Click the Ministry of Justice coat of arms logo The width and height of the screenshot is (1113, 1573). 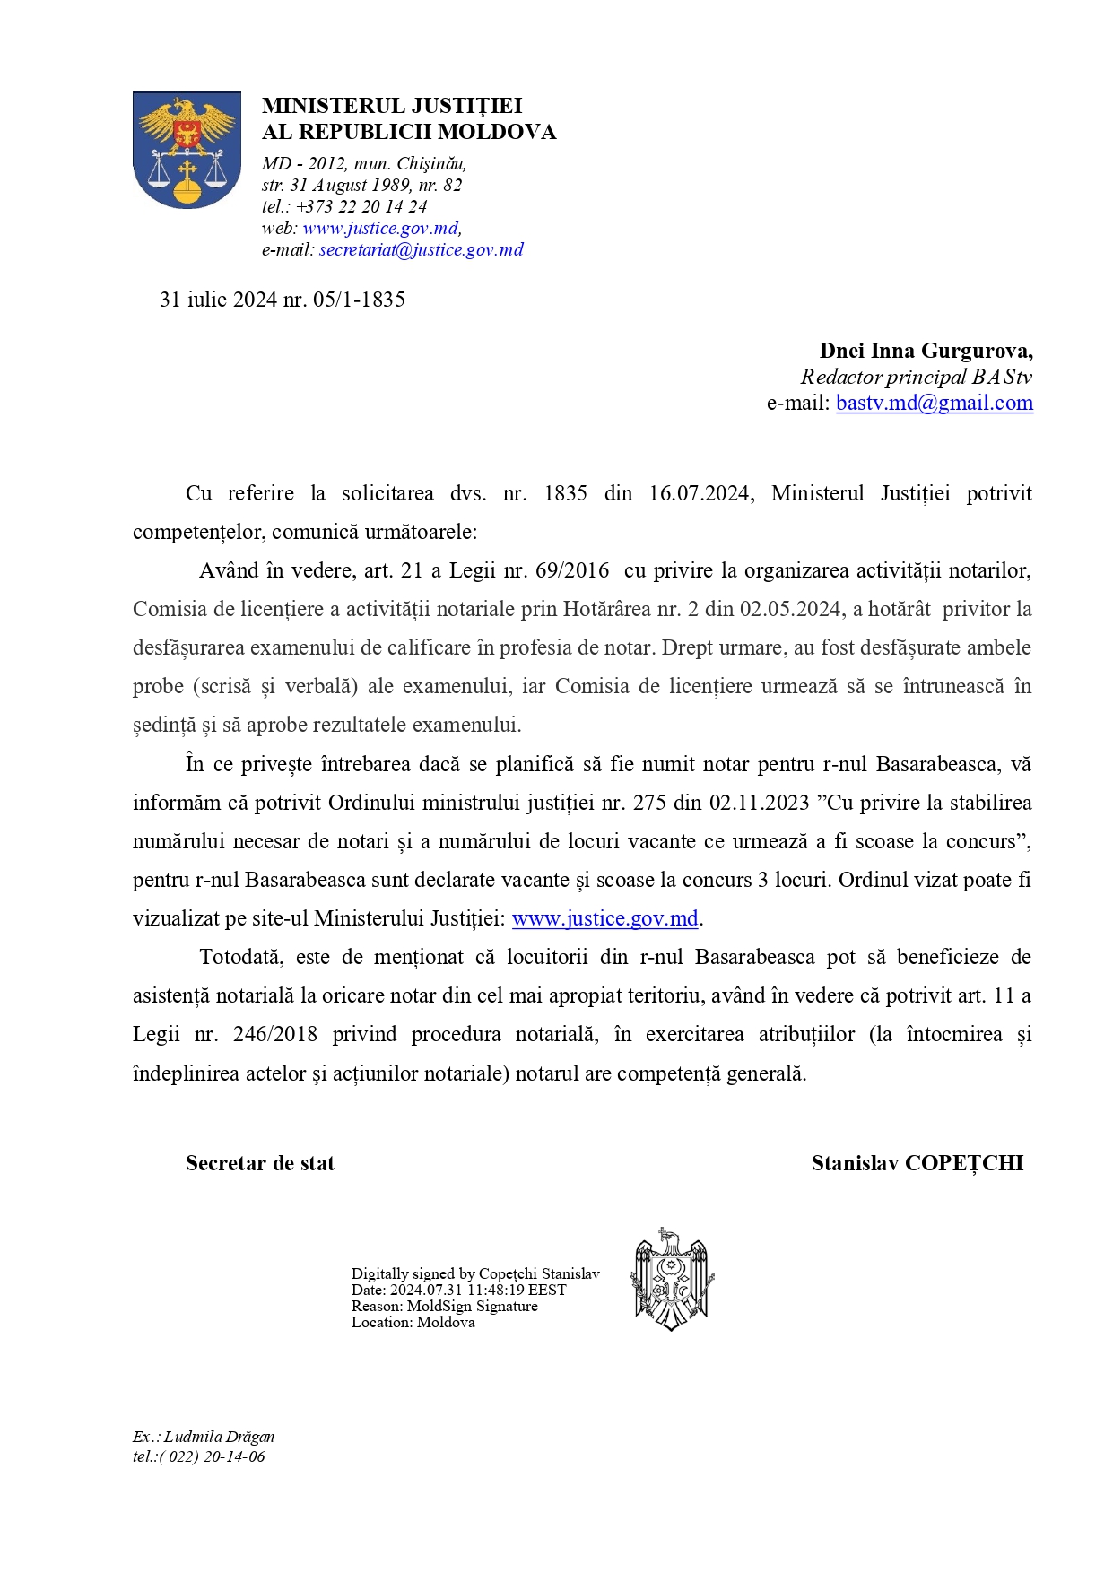tap(187, 150)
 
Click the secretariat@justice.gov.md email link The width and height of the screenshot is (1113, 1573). tap(421, 250)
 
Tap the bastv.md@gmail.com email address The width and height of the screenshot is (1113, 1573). tap(934, 404)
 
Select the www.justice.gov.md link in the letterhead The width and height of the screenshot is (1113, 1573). tap(380, 229)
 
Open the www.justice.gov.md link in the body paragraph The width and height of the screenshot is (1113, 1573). tap(604, 919)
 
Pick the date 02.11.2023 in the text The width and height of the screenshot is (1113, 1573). tap(760, 803)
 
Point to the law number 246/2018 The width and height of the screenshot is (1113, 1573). tap(274, 1035)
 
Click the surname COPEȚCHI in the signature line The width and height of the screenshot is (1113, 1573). tap(964, 1164)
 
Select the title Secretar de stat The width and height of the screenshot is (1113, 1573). tap(260, 1164)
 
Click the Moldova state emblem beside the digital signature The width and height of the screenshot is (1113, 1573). tap(671, 1280)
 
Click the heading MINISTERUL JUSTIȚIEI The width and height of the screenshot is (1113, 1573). tap(392, 106)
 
